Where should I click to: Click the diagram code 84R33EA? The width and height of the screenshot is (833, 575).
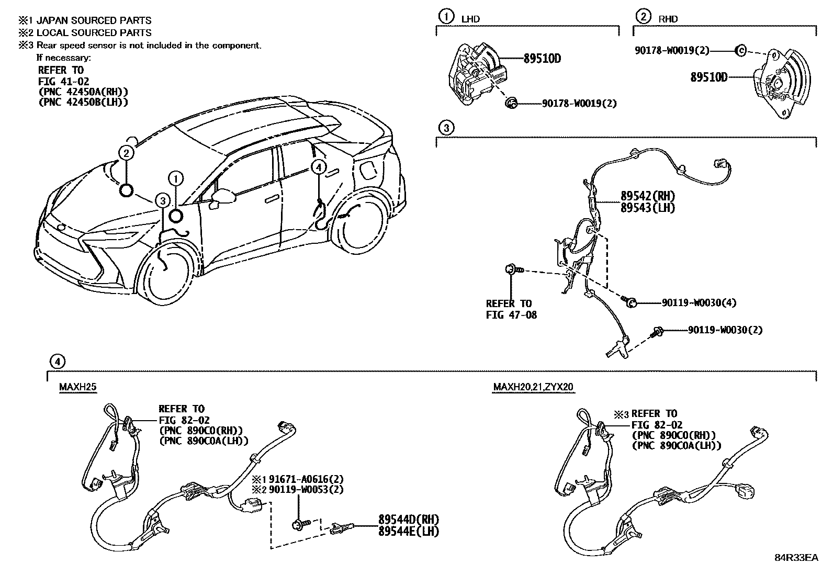[796, 558]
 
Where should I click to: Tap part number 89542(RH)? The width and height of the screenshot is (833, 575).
[647, 196]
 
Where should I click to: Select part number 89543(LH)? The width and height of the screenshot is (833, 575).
[647, 208]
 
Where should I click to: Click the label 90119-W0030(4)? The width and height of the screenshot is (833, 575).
[699, 302]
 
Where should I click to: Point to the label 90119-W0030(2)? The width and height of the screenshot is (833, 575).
[725, 330]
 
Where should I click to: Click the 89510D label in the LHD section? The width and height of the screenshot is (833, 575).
[542, 59]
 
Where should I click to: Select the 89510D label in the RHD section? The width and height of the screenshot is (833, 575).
[708, 77]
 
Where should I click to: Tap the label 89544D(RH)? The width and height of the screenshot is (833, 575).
[408, 520]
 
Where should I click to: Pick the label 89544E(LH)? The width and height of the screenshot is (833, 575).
[408, 531]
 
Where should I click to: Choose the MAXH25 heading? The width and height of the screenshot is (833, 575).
[78, 387]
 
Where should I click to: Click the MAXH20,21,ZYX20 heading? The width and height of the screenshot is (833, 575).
[533, 387]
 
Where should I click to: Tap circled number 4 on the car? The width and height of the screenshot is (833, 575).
[318, 167]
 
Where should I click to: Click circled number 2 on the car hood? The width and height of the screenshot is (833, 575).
[126, 153]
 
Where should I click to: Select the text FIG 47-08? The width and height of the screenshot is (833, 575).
[511, 315]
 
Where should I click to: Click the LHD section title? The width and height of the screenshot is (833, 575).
[470, 19]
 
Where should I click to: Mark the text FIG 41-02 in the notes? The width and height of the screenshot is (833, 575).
[63, 81]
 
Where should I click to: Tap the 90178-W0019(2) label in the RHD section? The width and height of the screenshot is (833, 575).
[672, 50]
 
